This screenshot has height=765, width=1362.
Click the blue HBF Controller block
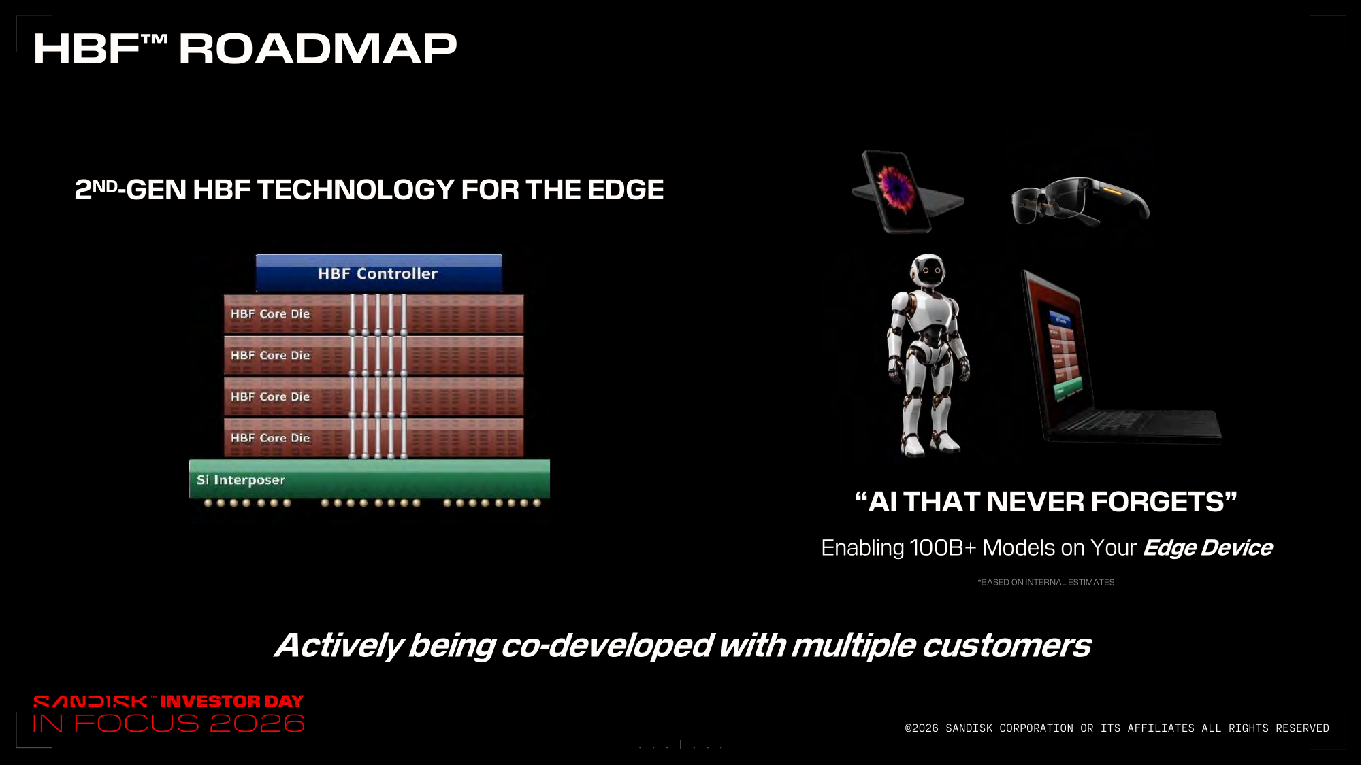coord(378,273)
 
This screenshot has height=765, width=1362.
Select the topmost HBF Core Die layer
coord(374,313)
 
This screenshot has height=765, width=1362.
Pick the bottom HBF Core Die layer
coord(374,437)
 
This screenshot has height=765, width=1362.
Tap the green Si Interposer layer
coord(370,479)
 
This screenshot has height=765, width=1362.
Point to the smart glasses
coord(1080,201)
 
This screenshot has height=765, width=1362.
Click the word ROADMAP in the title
coord(318,49)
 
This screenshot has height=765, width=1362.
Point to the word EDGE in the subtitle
coord(626,190)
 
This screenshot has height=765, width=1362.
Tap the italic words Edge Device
coord(1207,547)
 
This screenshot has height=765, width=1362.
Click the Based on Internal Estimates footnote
coord(1046,582)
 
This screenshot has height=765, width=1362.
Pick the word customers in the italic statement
coord(1007,645)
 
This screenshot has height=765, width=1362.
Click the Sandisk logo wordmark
coord(91,701)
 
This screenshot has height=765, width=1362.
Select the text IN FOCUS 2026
coord(169,724)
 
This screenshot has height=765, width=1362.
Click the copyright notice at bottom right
coord(1117,728)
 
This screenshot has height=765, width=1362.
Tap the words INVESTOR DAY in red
coord(232,701)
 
